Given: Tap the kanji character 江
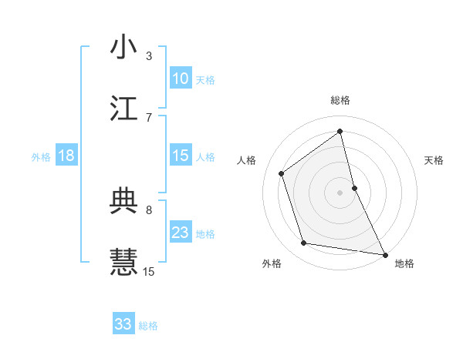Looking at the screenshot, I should pyautogui.click(x=123, y=109).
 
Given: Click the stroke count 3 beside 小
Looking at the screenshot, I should pyautogui.click(x=149, y=55).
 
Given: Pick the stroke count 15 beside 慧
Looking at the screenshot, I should pyautogui.click(x=149, y=271).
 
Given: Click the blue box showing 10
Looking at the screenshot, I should pyautogui.click(x=181, y=79).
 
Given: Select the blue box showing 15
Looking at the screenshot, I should pyautogui.click(x=181, y=156).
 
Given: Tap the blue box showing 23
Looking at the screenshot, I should pyautogui.click(x=181, y=233).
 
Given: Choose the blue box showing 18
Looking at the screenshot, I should pyautogui.click(x=66, y=156).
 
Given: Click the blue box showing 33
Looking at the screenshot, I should pyautogui.click(x=123, y=324).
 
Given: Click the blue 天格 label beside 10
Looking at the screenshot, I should pyautogui.click(x=205, y=80).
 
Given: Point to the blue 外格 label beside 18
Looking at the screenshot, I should pyautogui.click(x=41, y=157).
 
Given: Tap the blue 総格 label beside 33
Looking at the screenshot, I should pyautogui.click(x=148, y=326).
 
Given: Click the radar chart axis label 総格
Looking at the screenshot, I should pyautogui.click(x=340, y=100).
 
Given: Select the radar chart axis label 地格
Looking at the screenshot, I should pyautogui.click(x=404, y=263).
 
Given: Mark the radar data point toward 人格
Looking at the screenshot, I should pyautogui.click(x=282, y=173).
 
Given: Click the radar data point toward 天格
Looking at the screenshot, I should pyautogui.click(x=354, y=187).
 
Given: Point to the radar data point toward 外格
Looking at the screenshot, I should pyautogui.click(x=304, y=243).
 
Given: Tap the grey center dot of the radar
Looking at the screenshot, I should pyautogui.click(x=340, y=192).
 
